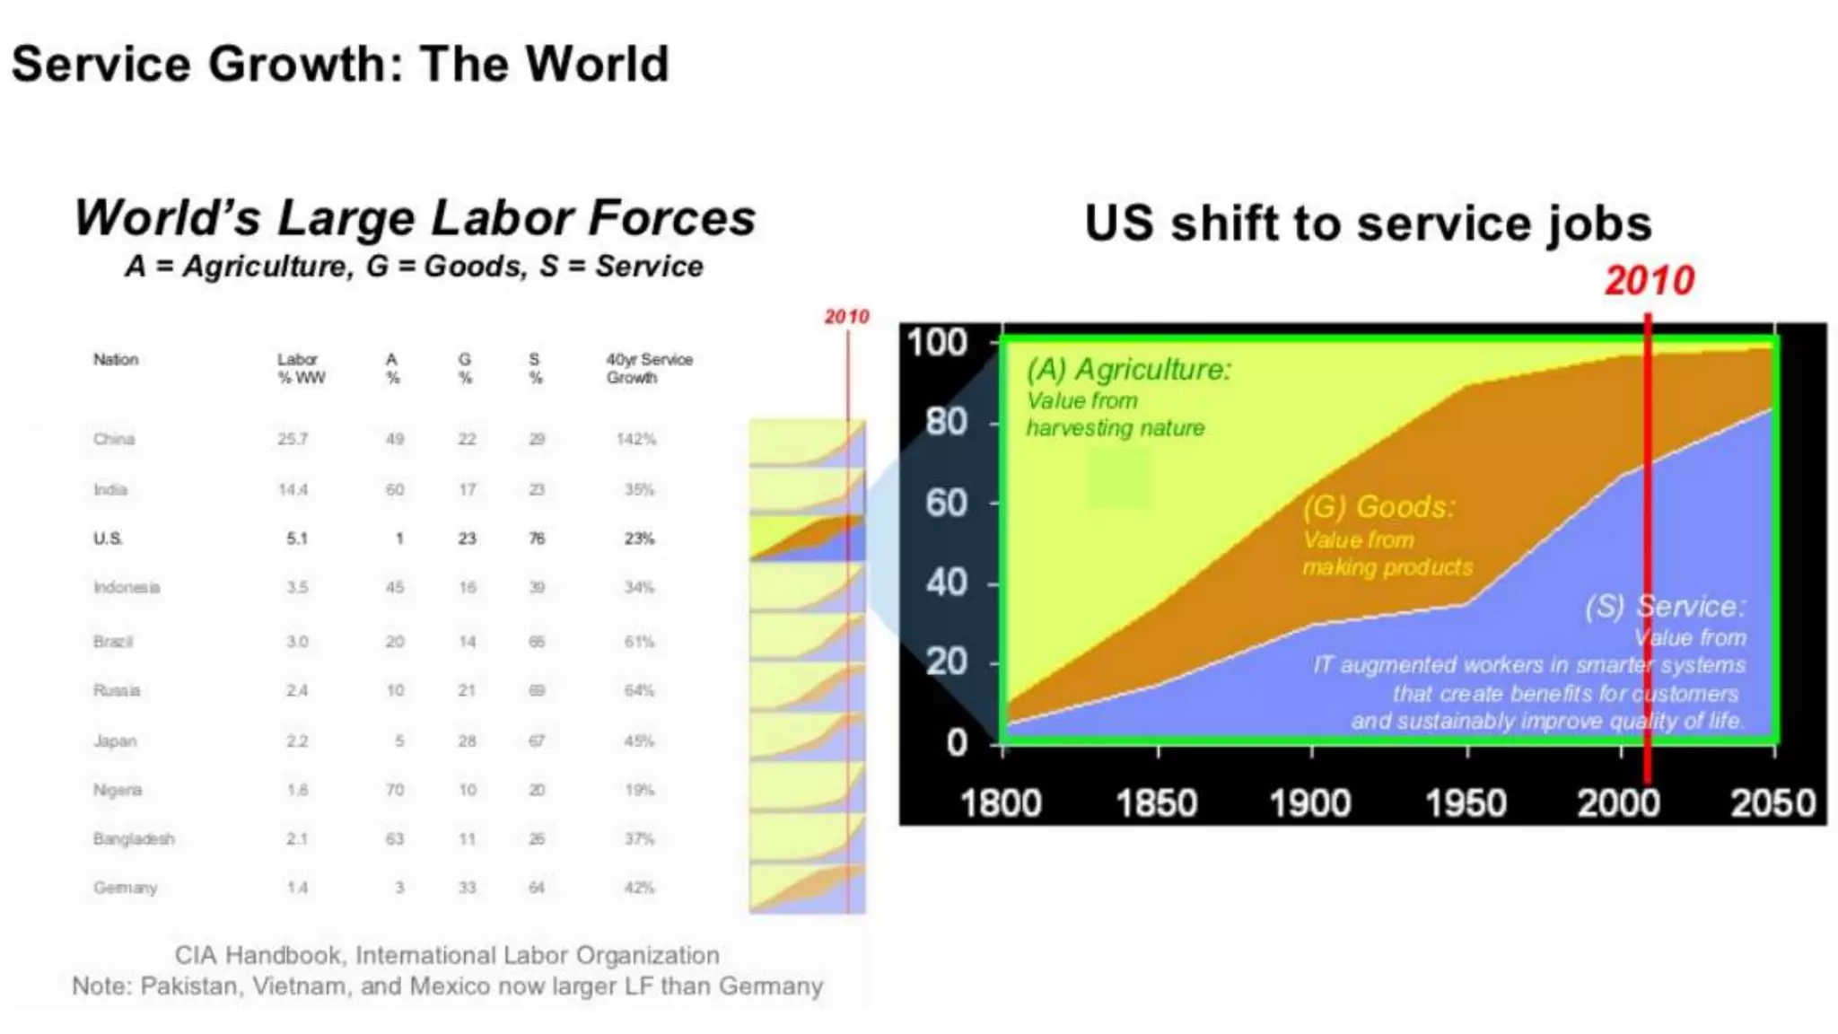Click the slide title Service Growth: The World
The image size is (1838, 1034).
339,65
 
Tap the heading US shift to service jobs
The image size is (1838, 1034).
1367,223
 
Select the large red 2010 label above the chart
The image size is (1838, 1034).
1649,281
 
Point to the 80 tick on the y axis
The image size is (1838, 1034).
946,421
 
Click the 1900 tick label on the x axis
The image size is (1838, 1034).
1309,802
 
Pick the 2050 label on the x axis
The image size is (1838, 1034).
1772,802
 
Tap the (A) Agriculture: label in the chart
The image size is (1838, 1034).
1128,369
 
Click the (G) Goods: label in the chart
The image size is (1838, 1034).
1378,507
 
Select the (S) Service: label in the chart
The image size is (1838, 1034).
1665,607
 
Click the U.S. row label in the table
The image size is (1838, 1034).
108,539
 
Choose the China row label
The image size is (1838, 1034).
114,439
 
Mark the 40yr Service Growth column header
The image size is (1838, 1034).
648,368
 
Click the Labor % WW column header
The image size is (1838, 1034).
301,368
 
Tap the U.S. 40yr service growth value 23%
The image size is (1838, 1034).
639,539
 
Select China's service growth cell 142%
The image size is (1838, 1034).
635,439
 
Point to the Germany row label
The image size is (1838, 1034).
125,888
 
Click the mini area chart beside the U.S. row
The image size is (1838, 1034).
807,539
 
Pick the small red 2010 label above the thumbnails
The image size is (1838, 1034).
846,317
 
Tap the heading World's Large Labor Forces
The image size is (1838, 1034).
415,218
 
